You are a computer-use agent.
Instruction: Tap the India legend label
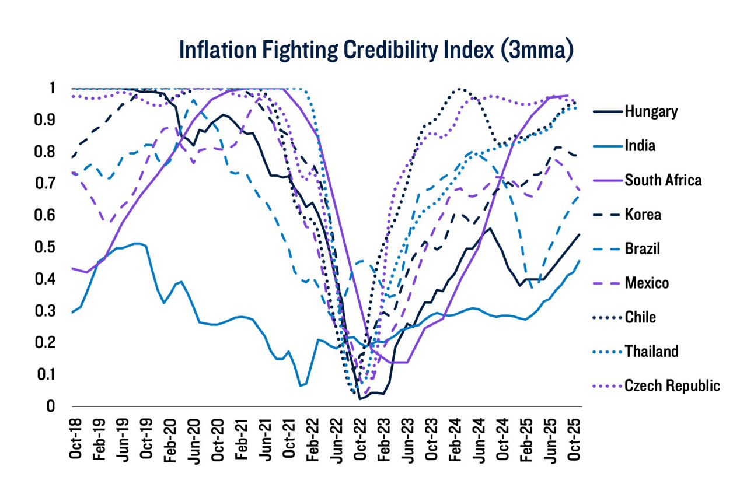pos(640,146)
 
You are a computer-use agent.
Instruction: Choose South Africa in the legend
pos(663,180)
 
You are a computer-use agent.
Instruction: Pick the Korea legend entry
pos(643,215)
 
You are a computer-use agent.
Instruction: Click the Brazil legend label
pos(642,249)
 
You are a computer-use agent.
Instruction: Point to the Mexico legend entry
pos(647,283)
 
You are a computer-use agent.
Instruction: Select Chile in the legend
pos(640,318)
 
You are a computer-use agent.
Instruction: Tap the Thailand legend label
pos(651,352)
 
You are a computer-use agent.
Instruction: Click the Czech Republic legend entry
pos(672,386)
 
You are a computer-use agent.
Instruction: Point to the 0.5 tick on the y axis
pos(51,247)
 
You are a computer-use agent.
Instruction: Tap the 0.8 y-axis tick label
pos(51,152)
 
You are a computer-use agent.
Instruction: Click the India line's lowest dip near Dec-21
pos(301,385)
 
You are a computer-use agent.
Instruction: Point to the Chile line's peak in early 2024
pos(461,89)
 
